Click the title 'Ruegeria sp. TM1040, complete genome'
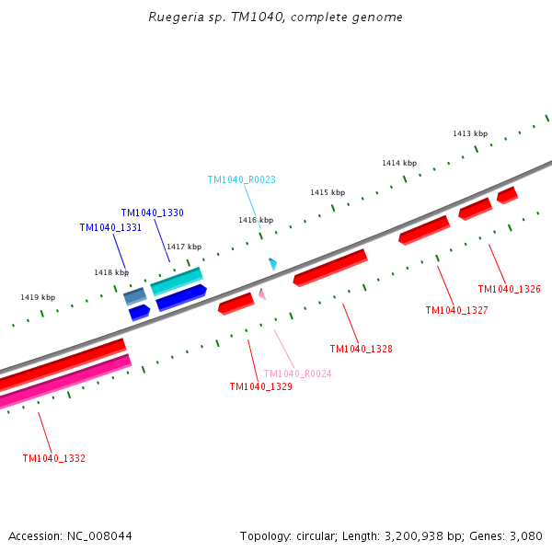click(x=276, y=17)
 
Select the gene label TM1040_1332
click(x=54, y=458)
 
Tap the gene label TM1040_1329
click(x=260, y=387)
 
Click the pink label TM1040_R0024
click(x=297, y=374)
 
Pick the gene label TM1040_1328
click(x=361, y=350)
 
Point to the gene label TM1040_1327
click(x=456, y=311)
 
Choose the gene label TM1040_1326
click(x=509, y=290)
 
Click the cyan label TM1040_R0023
click(x=241, y=180)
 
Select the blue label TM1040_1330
click(x=152, y=213)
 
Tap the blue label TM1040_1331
click(x=110, y=227)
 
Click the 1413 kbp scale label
click(x=469, y=133)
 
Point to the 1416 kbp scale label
click(x=256, y=220)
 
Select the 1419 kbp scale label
click(x=38, y=297)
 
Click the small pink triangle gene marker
click(x=262, y=293)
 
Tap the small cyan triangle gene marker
click(x=272, y=264)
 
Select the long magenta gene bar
click(x=64, y=382)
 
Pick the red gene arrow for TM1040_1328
click(x=329, y=267)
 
